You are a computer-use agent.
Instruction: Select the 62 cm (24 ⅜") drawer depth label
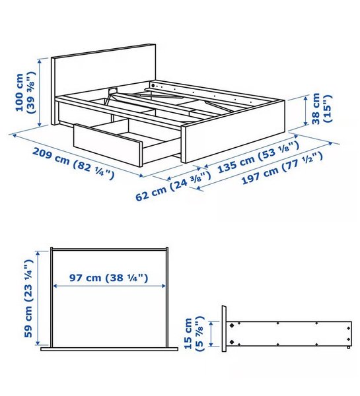[x=173, y=186]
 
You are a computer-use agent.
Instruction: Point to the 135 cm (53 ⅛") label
[x=258, y=157]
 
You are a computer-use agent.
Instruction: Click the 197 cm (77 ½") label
[x=282, y=168]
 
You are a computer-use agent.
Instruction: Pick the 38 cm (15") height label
[x=322, y=109]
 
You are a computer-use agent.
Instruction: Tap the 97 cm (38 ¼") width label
[x=109, y=278]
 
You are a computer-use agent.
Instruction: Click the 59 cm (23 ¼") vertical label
[x=28, y=298]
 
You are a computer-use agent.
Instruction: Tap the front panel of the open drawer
[x=108, y=145]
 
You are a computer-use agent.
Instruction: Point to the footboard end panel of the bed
[x=233, y=131]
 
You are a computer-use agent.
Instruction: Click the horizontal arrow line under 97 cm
[x=109, y=286]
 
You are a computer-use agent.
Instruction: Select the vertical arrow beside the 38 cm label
[x=306, y=110]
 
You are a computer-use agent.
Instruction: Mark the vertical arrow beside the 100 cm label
[x=40, y=92]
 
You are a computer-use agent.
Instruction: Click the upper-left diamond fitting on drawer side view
[x=231, y=325]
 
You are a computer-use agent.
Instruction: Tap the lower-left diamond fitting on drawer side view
[x=231, y=342]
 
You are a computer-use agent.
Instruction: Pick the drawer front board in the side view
[x=224, y=329]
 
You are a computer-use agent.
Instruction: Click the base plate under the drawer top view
[x=109, y=349]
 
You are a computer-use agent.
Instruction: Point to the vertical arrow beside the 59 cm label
[x=38, y=298]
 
